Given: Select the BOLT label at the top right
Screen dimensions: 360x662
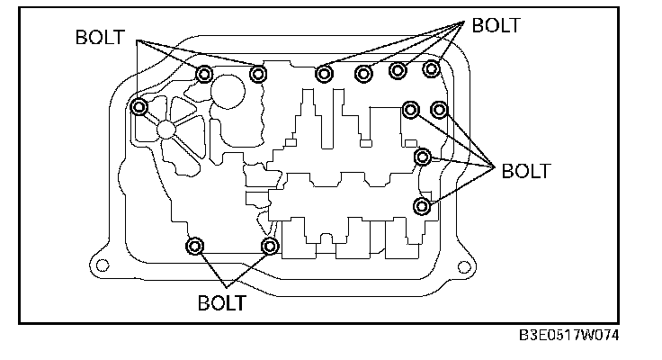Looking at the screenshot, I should click(x=496, y=25).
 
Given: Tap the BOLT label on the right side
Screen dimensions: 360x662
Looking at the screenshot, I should click(x=525, y=170).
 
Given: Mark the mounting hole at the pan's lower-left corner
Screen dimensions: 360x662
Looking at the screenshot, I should click(x=103, y=265).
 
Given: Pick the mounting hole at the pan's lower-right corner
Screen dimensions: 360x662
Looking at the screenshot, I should click(x=465, y=266).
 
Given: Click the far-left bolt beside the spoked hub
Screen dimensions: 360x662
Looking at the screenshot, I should click(x=139, y=108).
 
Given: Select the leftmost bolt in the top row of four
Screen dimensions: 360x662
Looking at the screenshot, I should click(x=324, y=73).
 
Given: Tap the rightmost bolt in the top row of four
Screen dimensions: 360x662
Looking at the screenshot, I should click(x=432, y=69).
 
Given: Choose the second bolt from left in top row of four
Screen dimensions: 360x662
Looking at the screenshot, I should click(x=363, y=73).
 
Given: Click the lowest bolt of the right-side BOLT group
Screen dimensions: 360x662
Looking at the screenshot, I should click(x=421, y=207).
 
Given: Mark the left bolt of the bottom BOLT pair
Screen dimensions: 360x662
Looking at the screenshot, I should click(x=195, y=247).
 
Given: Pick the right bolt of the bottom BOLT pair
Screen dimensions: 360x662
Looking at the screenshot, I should click(x=269, y=246).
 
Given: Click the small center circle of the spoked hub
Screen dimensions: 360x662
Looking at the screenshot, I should click(x=166, y=130).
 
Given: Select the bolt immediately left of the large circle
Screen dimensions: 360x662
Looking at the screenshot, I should click(x=205, y=74).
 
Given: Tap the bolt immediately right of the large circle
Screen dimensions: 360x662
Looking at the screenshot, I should click(x=258, y=74).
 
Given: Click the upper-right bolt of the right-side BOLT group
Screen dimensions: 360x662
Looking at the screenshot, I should click(x=440, y=110).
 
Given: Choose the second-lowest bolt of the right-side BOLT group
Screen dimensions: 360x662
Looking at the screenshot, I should click(x=421, y=157).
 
